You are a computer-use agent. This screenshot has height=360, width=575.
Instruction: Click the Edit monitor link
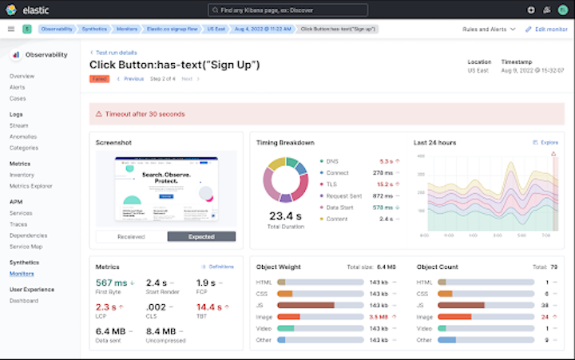547,29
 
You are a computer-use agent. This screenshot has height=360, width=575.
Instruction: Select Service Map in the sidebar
26,247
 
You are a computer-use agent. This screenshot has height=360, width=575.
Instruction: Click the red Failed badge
99,79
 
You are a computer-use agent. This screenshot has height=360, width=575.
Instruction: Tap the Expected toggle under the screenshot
201,236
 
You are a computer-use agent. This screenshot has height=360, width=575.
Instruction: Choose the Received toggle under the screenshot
131,236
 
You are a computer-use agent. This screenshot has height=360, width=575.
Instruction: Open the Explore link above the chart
545,142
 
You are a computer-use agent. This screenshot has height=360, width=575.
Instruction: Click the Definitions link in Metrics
220,267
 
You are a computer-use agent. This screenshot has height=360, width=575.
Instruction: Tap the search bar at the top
287,10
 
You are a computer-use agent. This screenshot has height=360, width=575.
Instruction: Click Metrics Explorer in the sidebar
31,186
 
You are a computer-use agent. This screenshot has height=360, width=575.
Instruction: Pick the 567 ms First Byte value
112,283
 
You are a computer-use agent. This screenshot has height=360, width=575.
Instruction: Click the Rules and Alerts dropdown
489,29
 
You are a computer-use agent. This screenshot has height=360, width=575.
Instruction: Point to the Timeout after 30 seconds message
148,114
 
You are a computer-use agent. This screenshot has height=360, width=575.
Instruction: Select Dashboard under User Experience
23,301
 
